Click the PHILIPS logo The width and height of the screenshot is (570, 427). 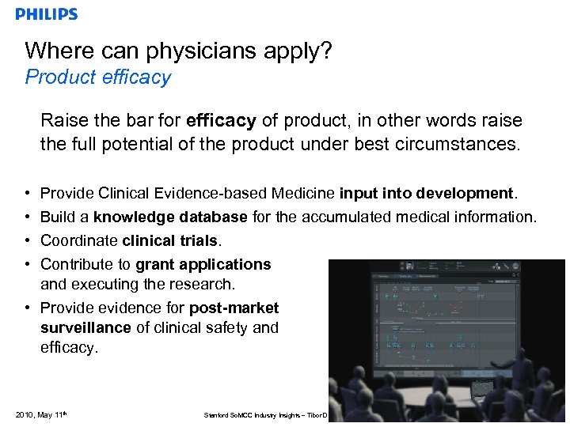(x=47, y=14)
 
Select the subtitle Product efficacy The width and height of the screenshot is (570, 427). (x=98, y=77)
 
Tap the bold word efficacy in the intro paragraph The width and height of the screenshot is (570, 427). (x=221, y=121)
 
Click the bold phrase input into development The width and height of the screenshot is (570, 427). (x=427, y=194)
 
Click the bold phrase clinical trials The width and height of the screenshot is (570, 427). (x=171, y=240)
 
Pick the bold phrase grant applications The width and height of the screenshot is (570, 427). (x=203, y=264)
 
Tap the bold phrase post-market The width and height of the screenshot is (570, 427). (x=232, y=308)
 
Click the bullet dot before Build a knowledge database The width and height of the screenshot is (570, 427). (x=27, y=217)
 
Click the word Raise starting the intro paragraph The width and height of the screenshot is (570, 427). (x=62, y=121)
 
